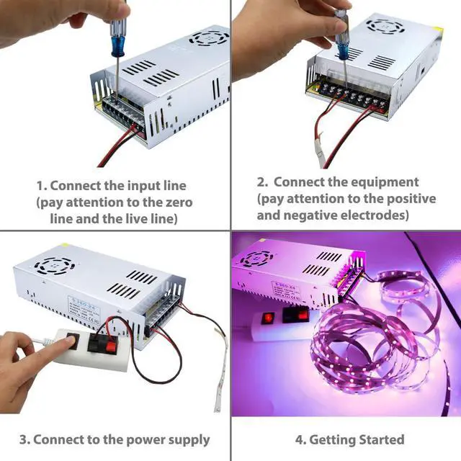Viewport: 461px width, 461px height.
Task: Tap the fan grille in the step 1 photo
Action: click(208, 37)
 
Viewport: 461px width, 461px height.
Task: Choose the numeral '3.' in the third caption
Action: click(24, 439)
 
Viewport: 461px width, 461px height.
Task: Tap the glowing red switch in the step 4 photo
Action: click(269, 317)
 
